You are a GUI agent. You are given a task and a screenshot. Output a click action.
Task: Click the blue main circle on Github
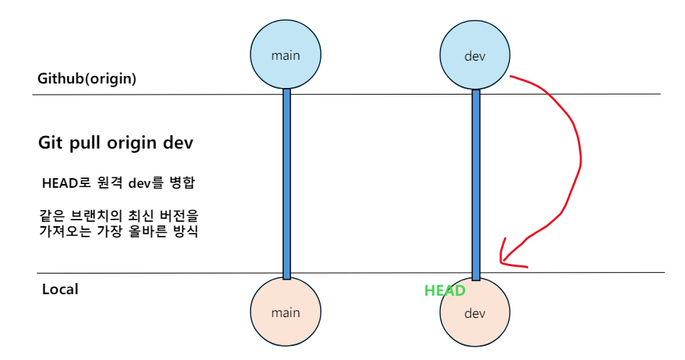click(285, 55)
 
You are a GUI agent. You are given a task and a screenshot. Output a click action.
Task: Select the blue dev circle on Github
click(474, 55)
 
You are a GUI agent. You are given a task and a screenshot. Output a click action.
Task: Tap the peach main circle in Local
click(285, 312)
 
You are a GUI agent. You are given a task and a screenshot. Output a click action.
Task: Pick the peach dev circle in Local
click(474, 313)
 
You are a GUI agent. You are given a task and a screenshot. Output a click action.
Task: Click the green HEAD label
click(444, 291)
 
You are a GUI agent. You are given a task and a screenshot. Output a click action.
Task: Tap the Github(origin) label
click(87, 79)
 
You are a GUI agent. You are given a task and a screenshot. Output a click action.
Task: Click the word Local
click(60, 289)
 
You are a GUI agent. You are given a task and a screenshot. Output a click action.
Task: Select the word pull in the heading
click(87, 143)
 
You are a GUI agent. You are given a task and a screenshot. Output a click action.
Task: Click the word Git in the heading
click(52, 143)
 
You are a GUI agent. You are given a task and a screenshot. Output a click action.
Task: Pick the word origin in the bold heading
click(137, 143)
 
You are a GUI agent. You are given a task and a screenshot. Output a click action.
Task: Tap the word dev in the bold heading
click(179, 143)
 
